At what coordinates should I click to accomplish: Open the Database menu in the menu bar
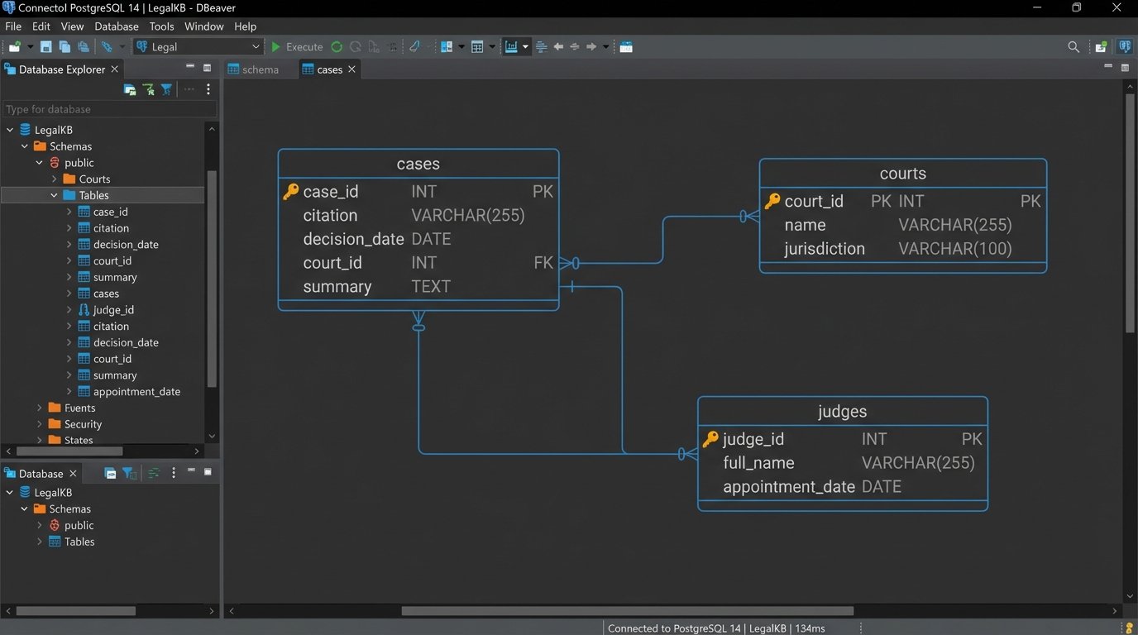pos(116,26)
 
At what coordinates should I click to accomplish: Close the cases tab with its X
pos(351,69)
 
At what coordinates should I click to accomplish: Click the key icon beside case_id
pos(290,192)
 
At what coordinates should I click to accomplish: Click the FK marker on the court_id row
pos(543,263)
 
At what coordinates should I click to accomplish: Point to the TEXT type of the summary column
pos(431,287)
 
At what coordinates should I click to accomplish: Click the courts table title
pos(902,174)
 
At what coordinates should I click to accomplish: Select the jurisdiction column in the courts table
pos(824,249)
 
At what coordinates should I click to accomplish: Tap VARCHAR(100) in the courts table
pos(954,249)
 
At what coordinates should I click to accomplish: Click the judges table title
pos(842,412)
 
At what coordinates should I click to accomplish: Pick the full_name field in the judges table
pos(758,463)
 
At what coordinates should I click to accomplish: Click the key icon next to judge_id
pos(710,439)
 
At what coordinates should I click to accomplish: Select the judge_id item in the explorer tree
pos(113,310)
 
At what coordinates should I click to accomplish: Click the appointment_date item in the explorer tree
pos(136,392)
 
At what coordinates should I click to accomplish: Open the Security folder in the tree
pos(83,424)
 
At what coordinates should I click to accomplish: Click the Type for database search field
pos(109,109)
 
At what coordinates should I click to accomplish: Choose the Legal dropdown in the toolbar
pos(198,47)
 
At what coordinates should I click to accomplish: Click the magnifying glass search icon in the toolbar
pos(1073,47)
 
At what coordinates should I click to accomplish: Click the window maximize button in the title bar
pos(1076,7)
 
